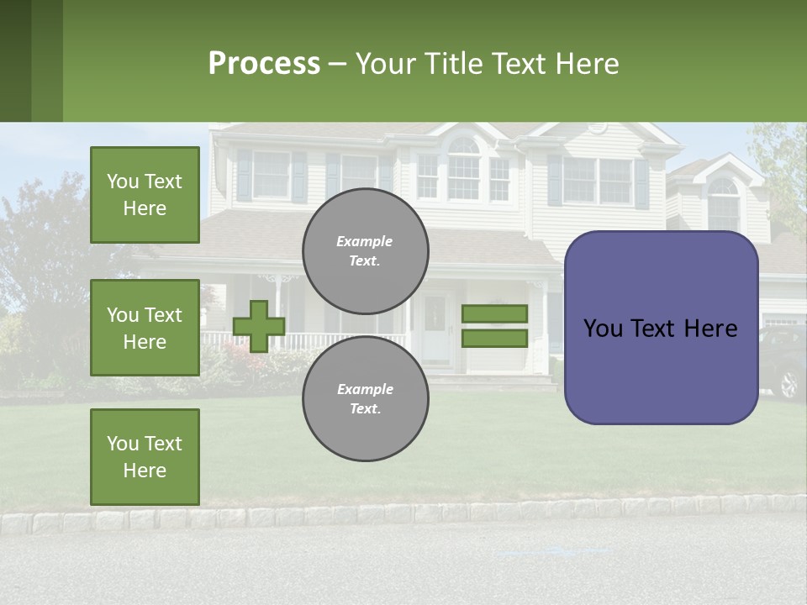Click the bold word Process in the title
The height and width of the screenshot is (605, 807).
[x=264, y=63]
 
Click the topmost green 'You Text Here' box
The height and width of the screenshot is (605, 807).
[x=145, y=195]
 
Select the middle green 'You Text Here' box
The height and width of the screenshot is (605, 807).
[x=145, y=328]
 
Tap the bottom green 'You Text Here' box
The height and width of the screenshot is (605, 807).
[x=145, y=456]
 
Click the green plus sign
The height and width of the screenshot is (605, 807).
[x=259, y=326]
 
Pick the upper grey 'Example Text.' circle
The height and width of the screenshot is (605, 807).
[x=366, y=250]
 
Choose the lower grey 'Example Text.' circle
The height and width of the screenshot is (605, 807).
[x=366, y=398]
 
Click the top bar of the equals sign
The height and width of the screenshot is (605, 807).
[x=494, y=313]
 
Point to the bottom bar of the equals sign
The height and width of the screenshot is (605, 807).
[x=494, y=339]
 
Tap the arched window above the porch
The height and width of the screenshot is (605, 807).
[x=463, y=168]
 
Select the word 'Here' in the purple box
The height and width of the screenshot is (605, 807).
[x=709, y=328]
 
